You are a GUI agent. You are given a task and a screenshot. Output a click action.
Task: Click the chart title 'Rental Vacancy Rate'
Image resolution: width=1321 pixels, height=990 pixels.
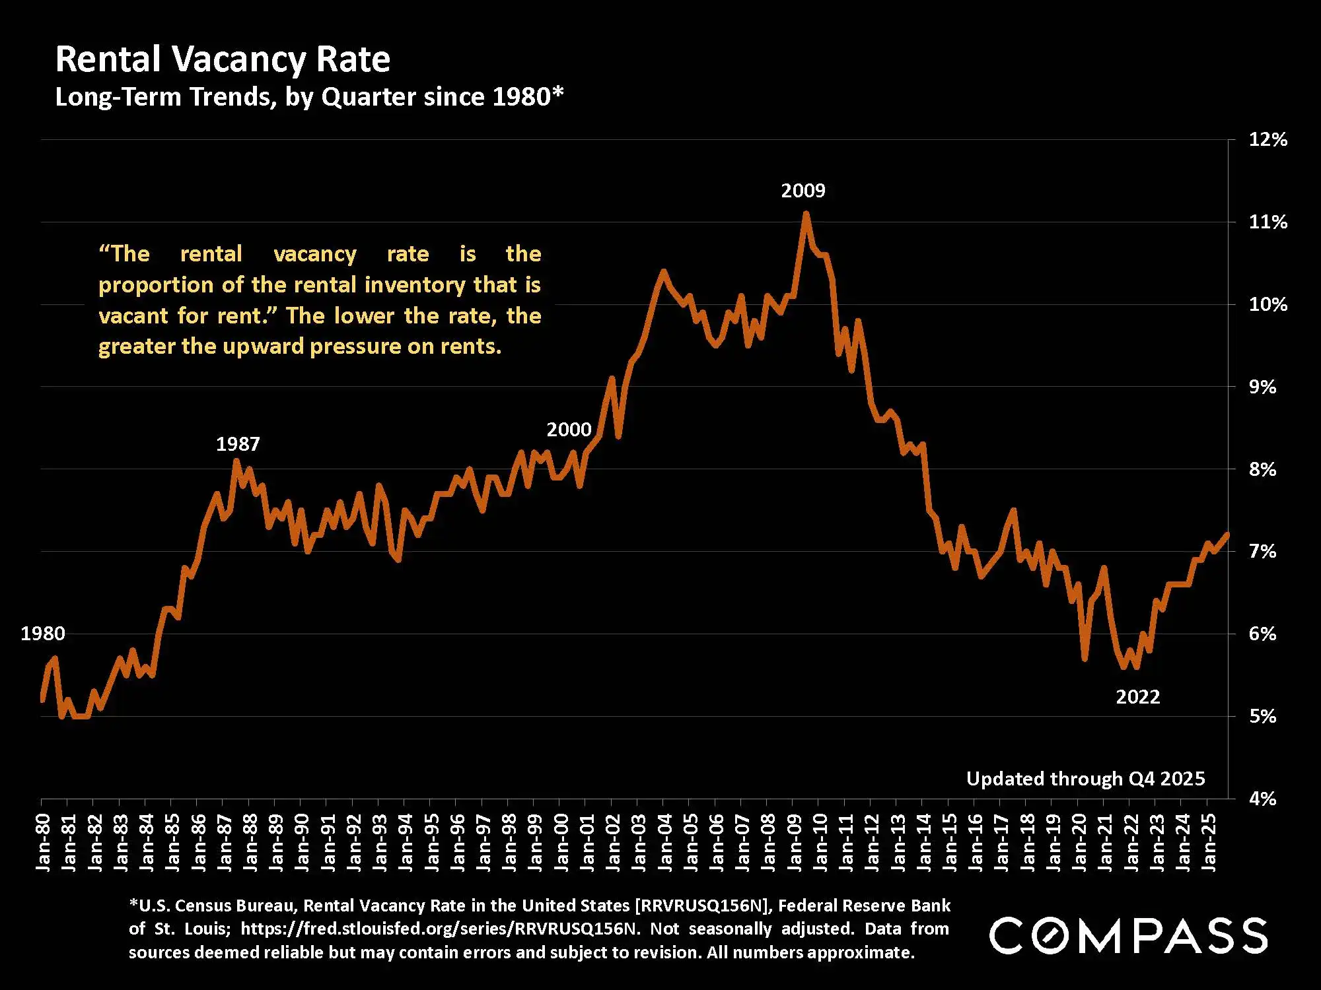pos(223,59)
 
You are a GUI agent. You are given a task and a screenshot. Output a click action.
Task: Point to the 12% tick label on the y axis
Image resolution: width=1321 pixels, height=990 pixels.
pos(1267,139)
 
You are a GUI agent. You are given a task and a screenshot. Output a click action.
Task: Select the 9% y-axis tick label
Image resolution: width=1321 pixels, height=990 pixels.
pos(1262,387)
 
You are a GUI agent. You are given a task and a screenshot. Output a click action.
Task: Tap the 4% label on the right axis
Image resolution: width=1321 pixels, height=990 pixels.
pos(1262,799)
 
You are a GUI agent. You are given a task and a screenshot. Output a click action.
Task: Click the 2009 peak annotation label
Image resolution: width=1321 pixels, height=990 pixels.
pos(803,191)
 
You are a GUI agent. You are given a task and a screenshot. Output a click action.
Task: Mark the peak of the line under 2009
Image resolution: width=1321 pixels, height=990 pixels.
pos(806,213)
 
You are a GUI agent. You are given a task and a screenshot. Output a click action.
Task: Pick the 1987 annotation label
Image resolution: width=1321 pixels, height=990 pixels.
pos(238,444)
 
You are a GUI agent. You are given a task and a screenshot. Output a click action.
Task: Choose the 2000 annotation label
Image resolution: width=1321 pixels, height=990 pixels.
pos(568,430)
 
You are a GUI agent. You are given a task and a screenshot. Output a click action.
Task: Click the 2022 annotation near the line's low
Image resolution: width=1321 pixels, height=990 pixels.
pos(1137,697)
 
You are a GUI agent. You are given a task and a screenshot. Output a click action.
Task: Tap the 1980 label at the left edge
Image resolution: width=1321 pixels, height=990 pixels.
pos(43,634)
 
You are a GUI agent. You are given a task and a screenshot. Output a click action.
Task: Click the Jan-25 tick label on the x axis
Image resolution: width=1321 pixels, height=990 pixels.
pos(1209,843)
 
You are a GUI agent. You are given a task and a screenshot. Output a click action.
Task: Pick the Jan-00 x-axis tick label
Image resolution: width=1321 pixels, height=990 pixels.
pos(562,843)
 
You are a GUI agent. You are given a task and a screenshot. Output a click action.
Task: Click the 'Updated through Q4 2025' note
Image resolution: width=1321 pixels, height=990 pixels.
pos(1085,779)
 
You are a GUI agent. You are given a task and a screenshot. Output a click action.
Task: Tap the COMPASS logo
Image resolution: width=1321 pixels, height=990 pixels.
pos(1128,935)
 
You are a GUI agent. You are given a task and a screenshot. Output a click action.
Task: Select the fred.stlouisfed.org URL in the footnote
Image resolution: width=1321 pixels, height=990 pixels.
pos(439,929)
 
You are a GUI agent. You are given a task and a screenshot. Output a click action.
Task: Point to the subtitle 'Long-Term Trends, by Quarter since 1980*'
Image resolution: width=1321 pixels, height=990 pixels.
pos(309,97)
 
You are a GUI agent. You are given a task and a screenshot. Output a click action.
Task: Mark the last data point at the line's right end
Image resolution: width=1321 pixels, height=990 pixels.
pos(1227,534)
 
